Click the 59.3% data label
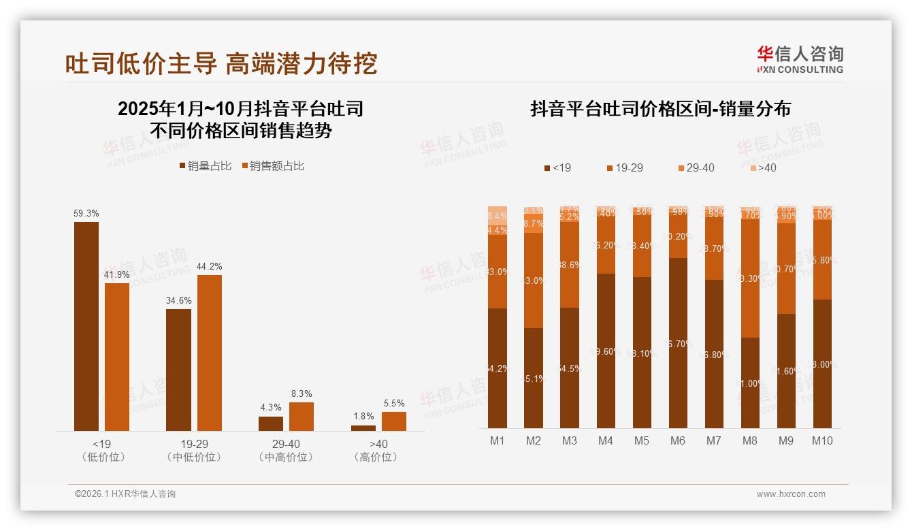pos(86,213)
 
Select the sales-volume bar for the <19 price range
pos(86,326)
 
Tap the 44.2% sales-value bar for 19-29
pos(210,353)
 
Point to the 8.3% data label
pos(302,393)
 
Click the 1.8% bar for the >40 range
pos(363,428)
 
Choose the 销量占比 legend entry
pos(206,165)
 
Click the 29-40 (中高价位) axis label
pos(286,450)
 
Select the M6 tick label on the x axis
pos(677,440)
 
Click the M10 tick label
pos(822,440)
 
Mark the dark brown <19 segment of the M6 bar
pos(677,343)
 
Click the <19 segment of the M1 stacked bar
pos(498,368)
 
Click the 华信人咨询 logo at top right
pos(800,59)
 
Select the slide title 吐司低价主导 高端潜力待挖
pos(221,63)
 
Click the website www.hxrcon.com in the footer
pos(791,494)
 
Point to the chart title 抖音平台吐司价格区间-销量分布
pos(660,109)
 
